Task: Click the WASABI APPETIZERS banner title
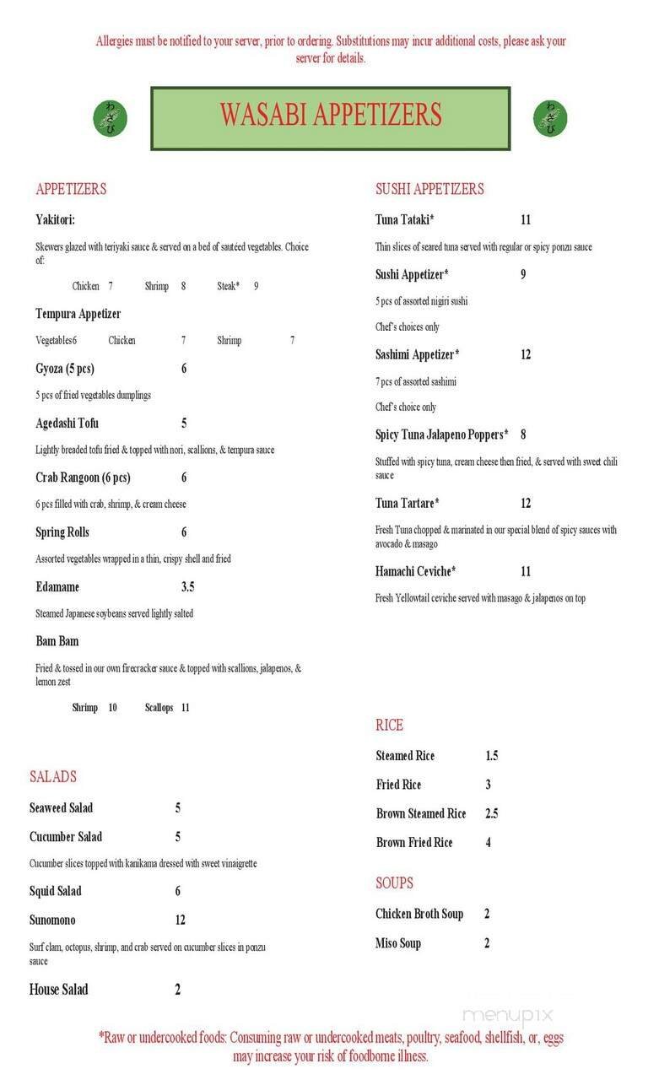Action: [x=331, y=116]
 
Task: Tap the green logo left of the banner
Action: [x=111, y=118]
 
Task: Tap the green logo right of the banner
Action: [x=550, y=118]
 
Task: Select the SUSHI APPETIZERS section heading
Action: [x=429, y=189]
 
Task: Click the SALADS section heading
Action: [x=53, y=777]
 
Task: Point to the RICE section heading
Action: [x=389, y=726]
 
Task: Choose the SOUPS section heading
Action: [x=394, y=883]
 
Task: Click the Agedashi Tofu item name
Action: [x=67, y=424]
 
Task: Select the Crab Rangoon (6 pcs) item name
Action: [x=83, y=478]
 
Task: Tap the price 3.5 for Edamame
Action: [x=187, y=587]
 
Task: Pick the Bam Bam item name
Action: [x=57, y=641]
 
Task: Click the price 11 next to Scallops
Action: [x=186, y=708]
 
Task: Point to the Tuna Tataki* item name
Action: [x=404, y=220]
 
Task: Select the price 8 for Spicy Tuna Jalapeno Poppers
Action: [x=523, y=435]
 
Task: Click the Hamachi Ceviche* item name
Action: [x=415, y=572]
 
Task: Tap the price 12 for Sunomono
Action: [x=180, y=920]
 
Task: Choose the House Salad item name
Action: [x=58, y=990]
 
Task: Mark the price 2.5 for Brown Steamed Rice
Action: [x=491, y=814]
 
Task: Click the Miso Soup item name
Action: [x=397, y=943]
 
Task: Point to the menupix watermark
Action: [x=508, y=1015]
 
